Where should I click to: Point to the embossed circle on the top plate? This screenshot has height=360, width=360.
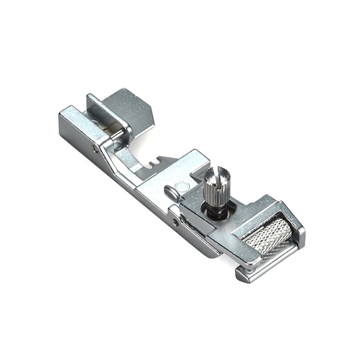point(181,186)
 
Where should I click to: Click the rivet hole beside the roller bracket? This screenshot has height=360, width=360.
point(176,223)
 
